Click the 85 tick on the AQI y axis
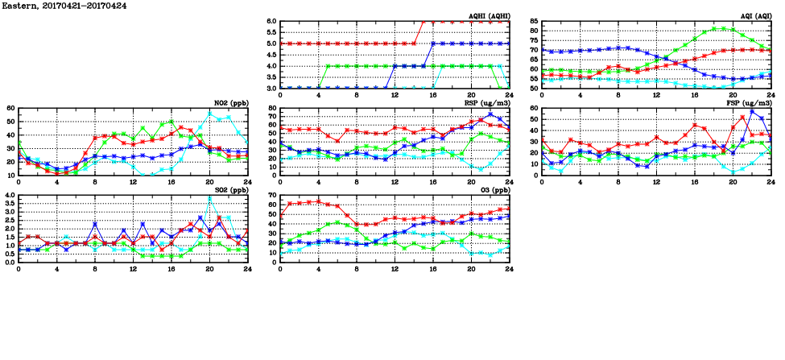pos(533,22)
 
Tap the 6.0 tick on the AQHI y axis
pos(271,22)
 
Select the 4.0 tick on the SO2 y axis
pos(10,196)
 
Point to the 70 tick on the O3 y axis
pos(273,196)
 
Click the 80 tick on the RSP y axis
pos(273,109)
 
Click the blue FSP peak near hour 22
pos(752,110)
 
